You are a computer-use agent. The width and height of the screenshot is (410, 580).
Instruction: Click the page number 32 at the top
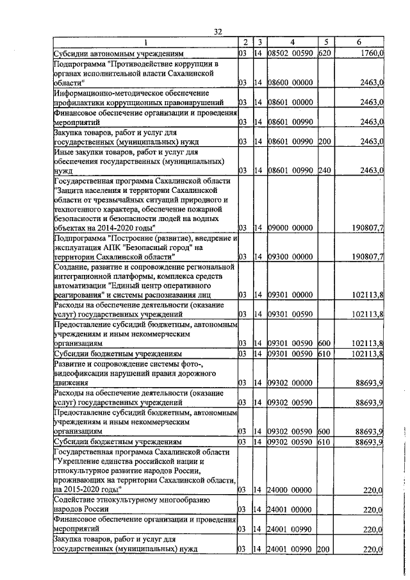218,31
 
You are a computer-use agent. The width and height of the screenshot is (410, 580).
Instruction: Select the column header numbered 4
291,42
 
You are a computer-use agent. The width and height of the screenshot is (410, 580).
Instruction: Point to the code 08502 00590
291,53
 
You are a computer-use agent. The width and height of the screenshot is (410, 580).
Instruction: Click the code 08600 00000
291,83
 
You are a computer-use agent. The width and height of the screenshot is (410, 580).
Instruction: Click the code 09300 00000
291,257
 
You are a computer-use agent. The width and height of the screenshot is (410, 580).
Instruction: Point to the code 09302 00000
291,383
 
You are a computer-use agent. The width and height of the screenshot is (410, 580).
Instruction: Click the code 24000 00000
291,490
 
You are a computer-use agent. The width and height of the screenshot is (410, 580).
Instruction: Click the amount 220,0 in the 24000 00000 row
373,490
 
